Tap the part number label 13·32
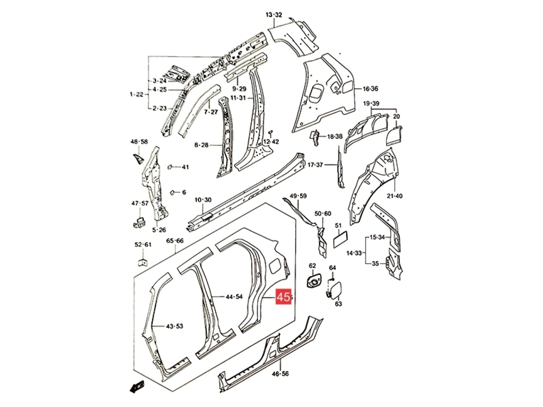pyautogui.click(x=274, y=15)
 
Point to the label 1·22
pyautogui.click(x=136, y=94)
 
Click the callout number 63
pyautogui.click(x=338, y=303)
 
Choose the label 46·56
pyautogui.click(x=280, y=381)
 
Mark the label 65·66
pyautogui.click(x=175, y=240)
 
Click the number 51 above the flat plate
pyautogui.click(x=338, y=226)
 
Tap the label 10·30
pyautogui.click(x=203, y=200)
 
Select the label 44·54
pyautogui.click(x=234, y=296)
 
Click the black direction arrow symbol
pyautogui.click(x=137, y=393)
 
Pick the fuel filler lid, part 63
pyautogui.click(x=336, y=288)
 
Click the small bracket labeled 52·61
pyautogui.click(x=143, y=262)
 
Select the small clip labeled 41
pyautogui.click(x=170, y=167)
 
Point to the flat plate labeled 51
pyautogui.click(x=341, y=239)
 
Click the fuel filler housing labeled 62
pyautogui.click(x=314, y=280)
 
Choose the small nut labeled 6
pyautogui.click(x=172, y=192)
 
